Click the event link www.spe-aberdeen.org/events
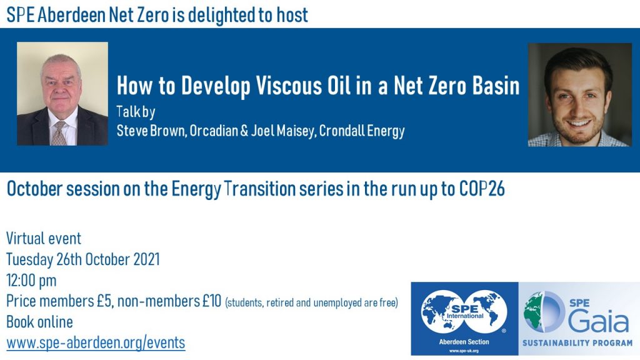pos(96,342)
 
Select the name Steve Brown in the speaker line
pos(151,131)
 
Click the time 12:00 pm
pos(31,281)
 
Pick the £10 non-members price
pos(212,301)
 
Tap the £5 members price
pos(104,301)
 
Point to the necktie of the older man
pos(59,134)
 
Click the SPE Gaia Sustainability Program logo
pos(579,319)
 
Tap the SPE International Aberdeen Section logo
pos(464,319)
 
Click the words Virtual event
pos(44,238)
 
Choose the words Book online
pos(39,322)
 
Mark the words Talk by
pos(136,111)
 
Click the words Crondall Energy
pos(362,131)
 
